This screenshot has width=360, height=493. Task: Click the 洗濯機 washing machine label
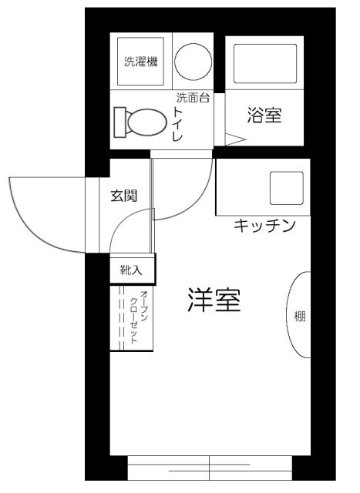click(140, 62)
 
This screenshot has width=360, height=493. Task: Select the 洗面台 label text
click(193, 98)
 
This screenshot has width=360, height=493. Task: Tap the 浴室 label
click(264, 116)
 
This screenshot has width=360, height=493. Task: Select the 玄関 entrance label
click(123, 195)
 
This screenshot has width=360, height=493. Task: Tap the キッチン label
click(264, 226)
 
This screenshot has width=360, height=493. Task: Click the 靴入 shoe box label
click(131, 270)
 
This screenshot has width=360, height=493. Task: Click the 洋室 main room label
click(214, 300)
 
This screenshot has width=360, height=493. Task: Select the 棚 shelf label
click(299, 315)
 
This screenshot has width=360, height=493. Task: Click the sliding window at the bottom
click(210, 467)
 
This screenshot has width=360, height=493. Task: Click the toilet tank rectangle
click(119, 121)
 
